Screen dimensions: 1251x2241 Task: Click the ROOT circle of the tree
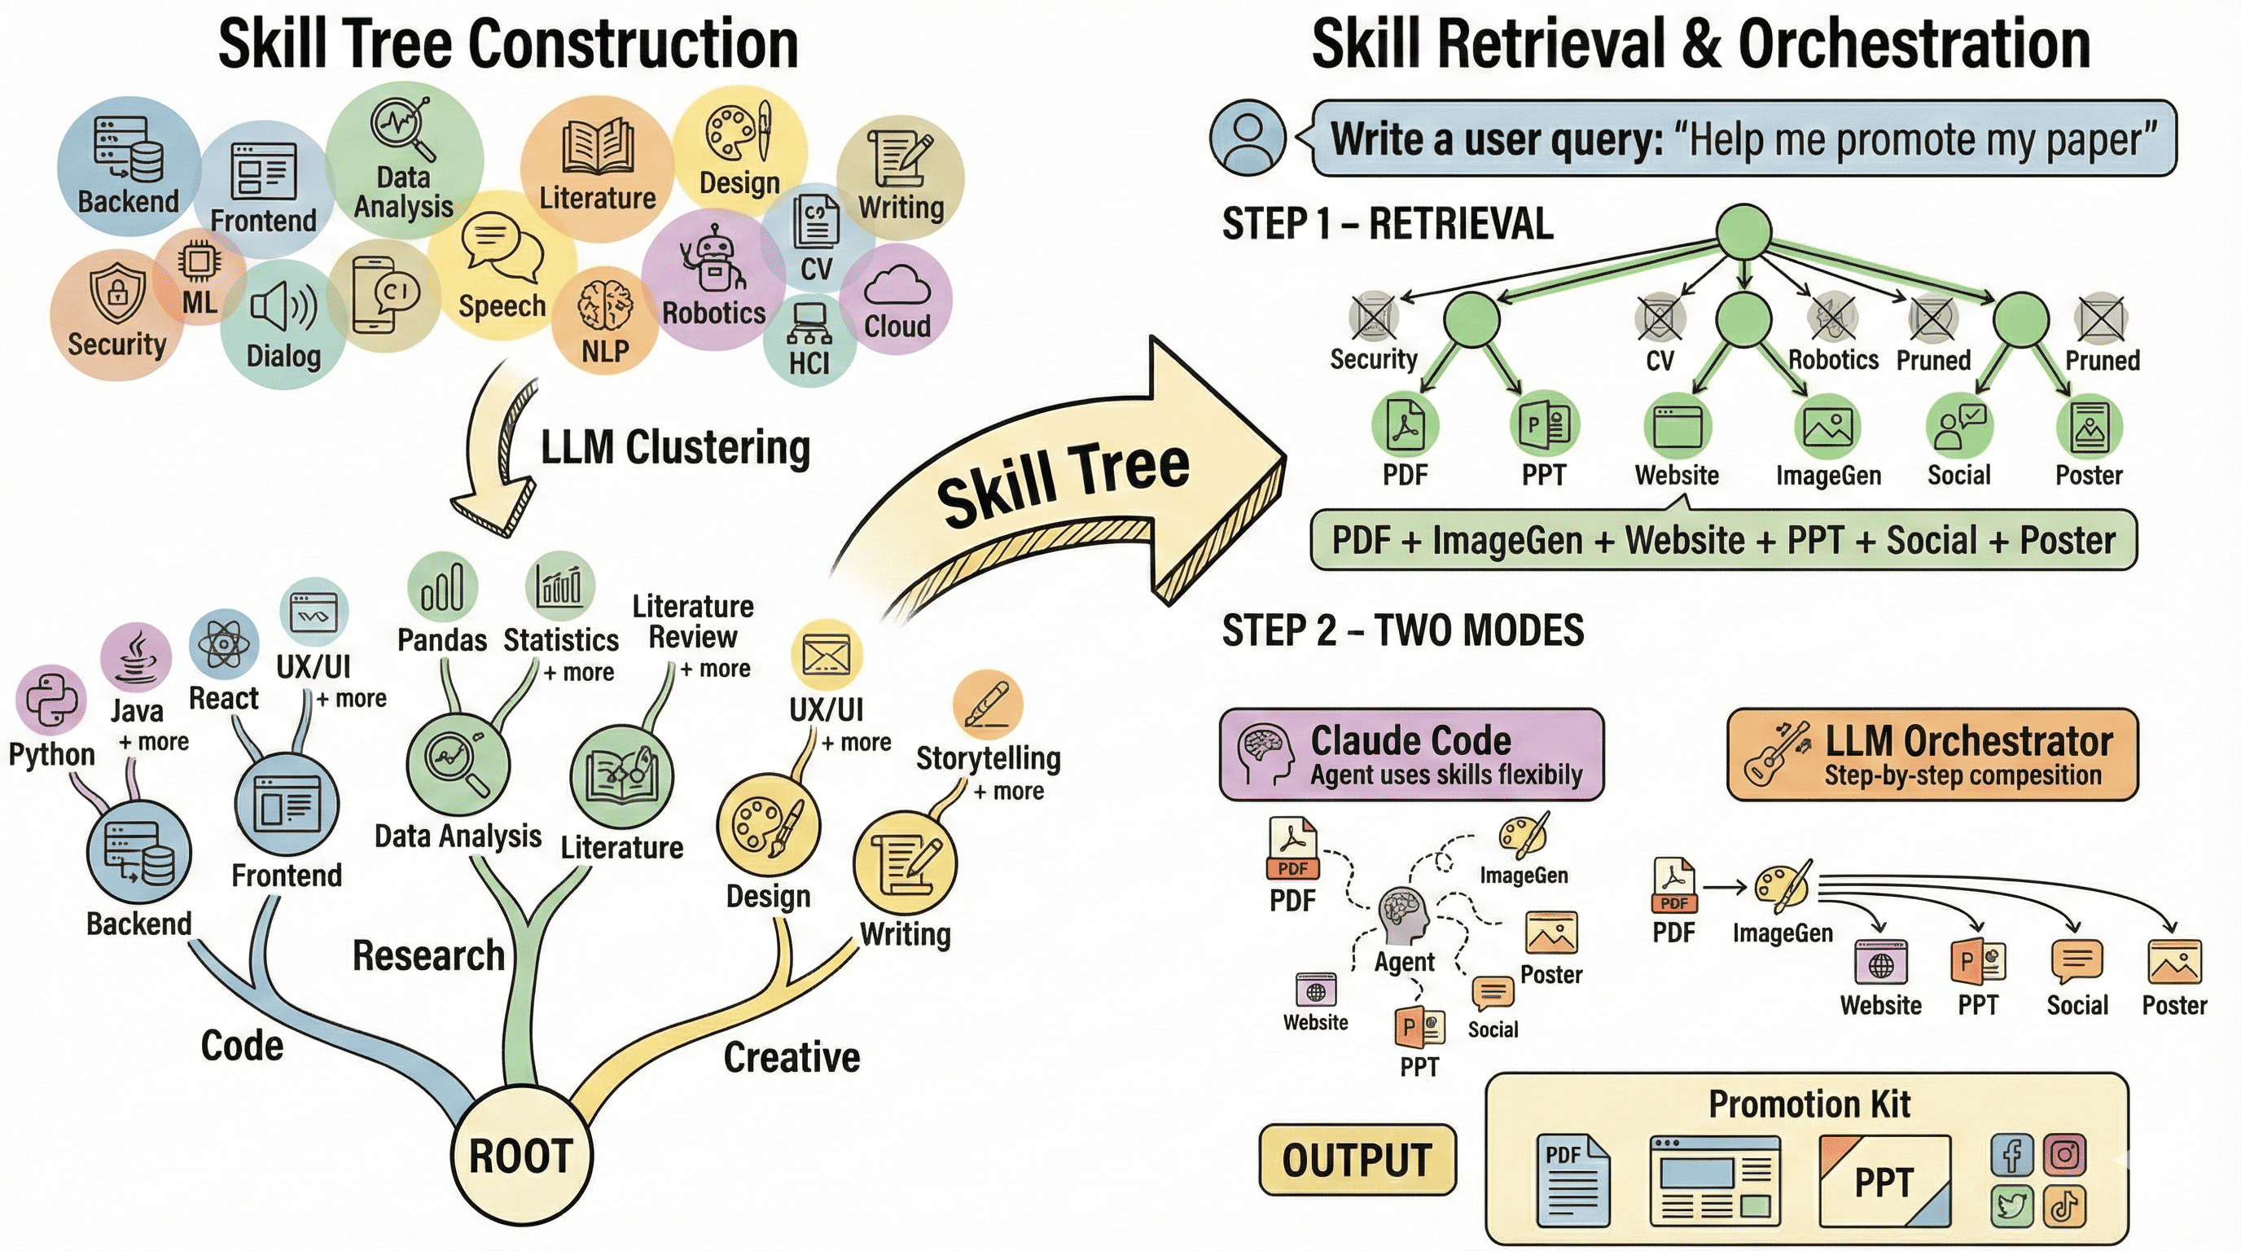pyautogui.click(x=521, y=1156)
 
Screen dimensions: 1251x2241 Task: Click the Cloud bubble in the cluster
pyautogui.click(x=897, y=301)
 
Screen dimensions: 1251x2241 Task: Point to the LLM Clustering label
pyautogui.click(x=674, y=448)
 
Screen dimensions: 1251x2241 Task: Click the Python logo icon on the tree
pyautogui.click(x=51, y=700)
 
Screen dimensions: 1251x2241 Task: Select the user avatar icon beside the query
pyautogui.click(x=1247, y=138)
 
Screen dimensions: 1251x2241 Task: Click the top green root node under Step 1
pyautogui.click(x=1743, y=231)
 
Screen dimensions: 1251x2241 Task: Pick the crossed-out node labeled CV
pyautogui.click(x=1659, y=318)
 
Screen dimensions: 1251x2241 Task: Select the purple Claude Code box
pyautogui.click(x=1410, y=754)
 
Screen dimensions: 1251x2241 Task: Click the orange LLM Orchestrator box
pyautogui.click(x=1932, y=754)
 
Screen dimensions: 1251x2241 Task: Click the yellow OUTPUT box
pyautogui.click(x=1357, y=1160)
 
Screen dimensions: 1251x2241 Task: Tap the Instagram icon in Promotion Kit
pyautogui.click(x=2064, y=1156)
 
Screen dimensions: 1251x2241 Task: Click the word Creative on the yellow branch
pyautogui.click(x=792, y=1057)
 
